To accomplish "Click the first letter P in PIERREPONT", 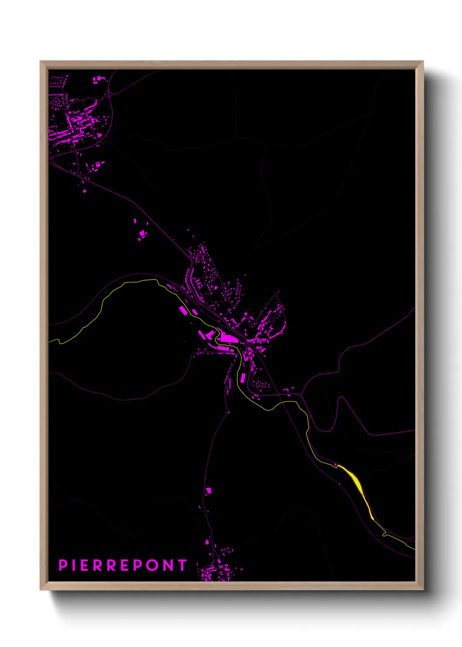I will click(63, 565).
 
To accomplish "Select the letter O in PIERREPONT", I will click(152, 565).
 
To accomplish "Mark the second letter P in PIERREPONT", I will click(138, 565).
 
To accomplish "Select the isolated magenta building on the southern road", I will click(209, 490).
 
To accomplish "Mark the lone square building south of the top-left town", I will click(84, 191).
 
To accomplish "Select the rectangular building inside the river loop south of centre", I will click(242, 378).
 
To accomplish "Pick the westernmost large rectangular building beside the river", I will click(183, 310).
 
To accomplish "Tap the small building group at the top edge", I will click(99, 79).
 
